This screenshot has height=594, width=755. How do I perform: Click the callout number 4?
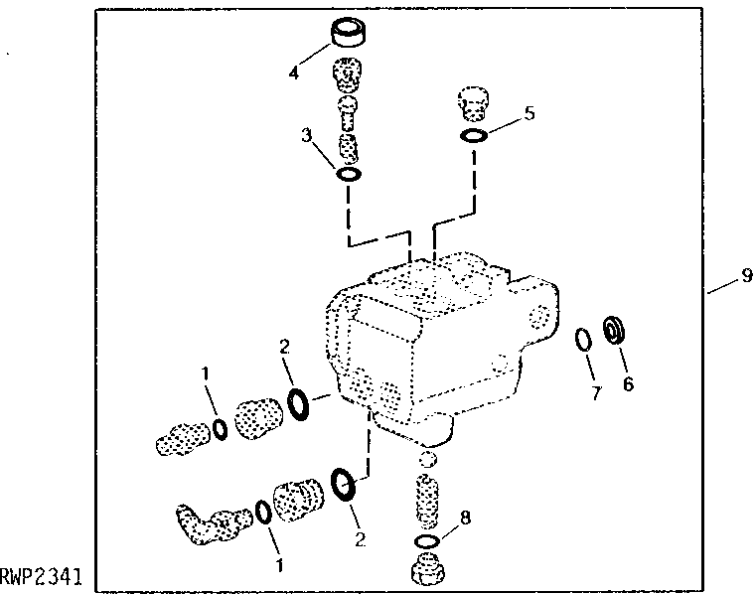click(294, 73)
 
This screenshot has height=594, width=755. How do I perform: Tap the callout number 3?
click(307, 135)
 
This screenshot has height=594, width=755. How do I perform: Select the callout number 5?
click(529, 113)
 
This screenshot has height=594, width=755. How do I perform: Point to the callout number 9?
click(747, 275)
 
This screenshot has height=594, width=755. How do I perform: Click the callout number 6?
click(628, 383)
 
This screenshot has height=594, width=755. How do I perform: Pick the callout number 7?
click(597, 392)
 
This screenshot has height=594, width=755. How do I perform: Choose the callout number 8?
click(465, 518)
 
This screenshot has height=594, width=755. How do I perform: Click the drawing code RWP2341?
click(41, 577)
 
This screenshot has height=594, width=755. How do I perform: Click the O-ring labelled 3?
click(348, 174)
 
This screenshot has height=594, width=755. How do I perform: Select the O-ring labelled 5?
click(474, 136)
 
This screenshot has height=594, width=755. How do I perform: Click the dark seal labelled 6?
click(614, 330)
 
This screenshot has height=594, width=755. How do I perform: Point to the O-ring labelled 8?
click(426, 541)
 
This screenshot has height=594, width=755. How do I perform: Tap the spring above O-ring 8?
click(427, 501)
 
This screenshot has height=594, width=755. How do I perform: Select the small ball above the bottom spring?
click(427, 460)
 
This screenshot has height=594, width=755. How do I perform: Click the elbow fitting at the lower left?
click(213, 524)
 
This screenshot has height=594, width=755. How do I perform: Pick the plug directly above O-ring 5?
click(472, 104)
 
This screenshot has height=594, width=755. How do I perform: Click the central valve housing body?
click(441, 348)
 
